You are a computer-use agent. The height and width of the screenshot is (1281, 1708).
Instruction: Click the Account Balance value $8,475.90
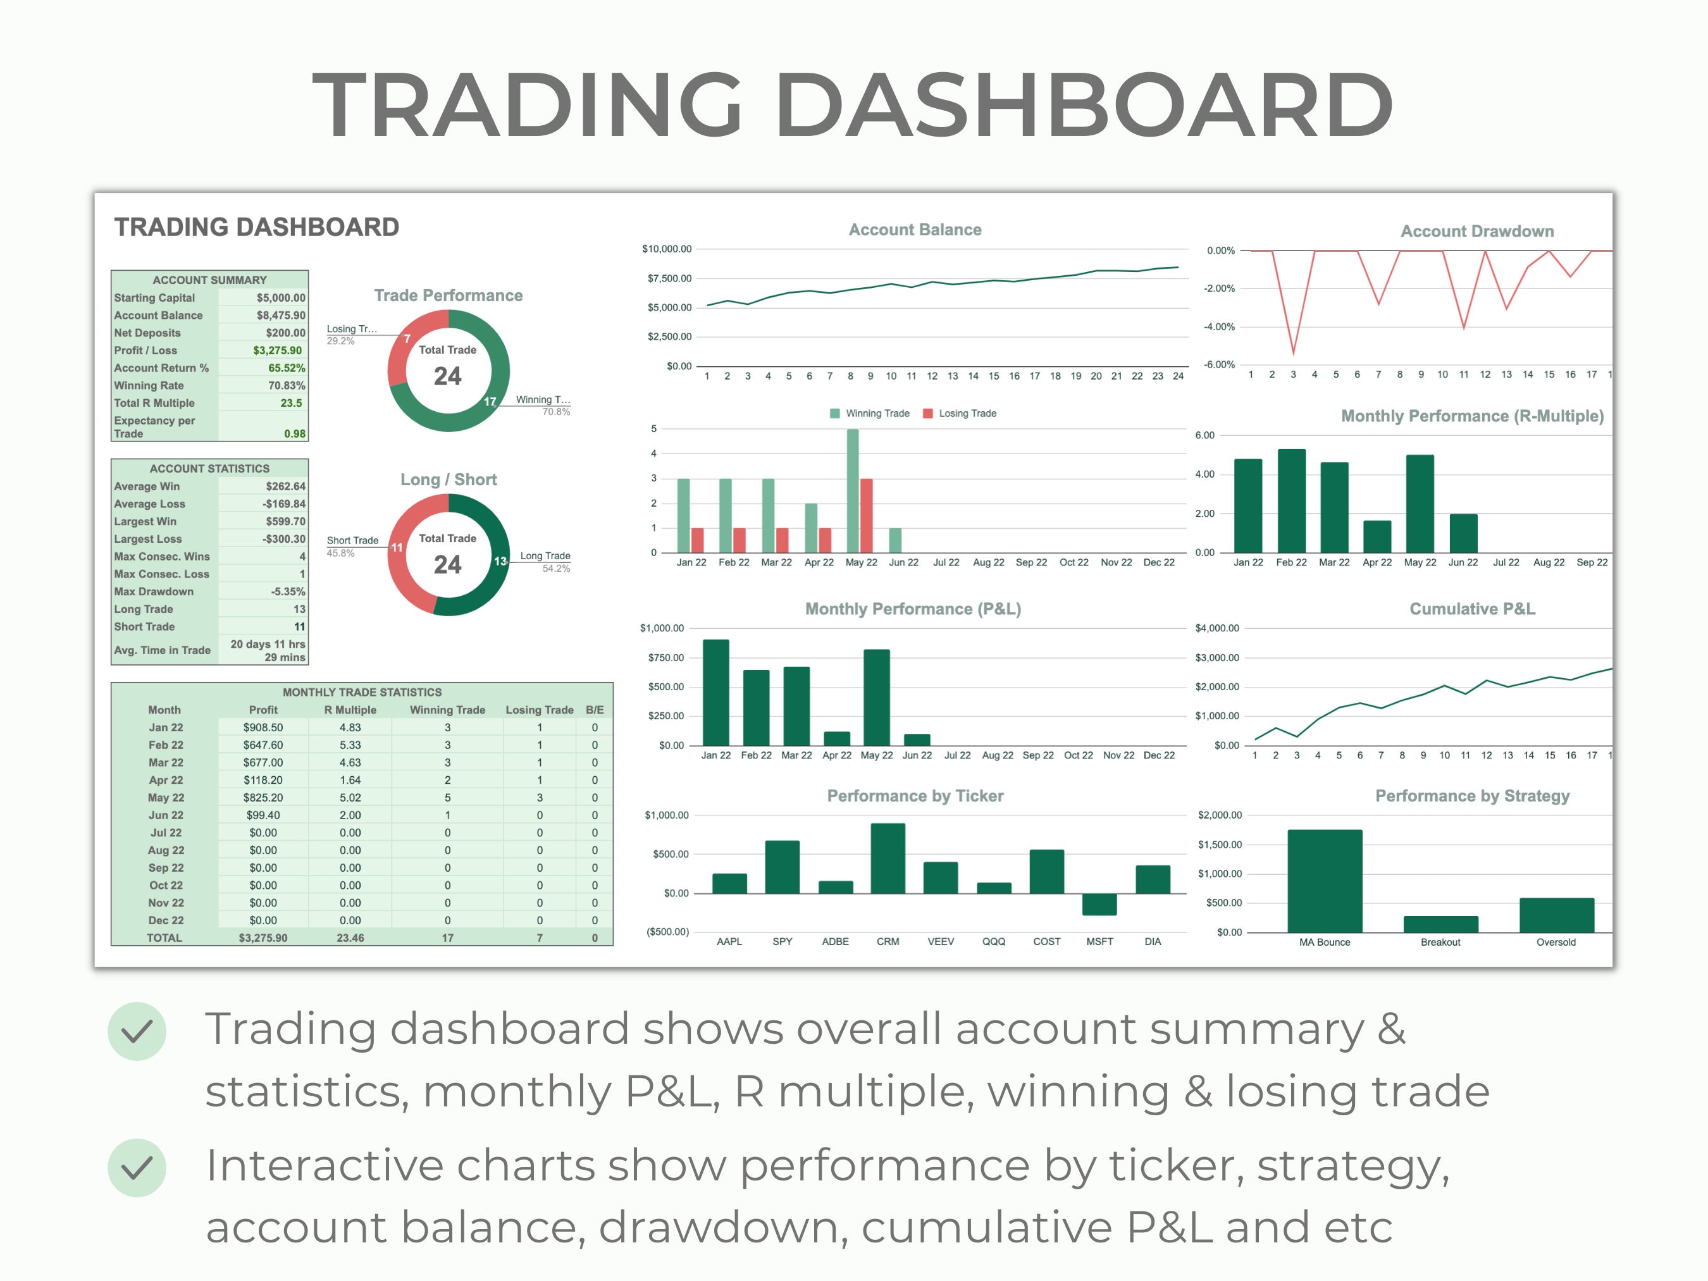[280, 315]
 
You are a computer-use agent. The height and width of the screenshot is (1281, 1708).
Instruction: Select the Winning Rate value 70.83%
[286, 385]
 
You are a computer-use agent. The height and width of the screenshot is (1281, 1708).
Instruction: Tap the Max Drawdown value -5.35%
[287, 591]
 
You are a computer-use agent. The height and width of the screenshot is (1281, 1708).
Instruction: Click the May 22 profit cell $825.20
[263, 798]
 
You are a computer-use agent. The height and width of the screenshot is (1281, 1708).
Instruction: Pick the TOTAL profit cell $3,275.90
[263, 938]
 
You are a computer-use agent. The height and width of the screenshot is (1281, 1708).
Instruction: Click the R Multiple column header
[350, 710]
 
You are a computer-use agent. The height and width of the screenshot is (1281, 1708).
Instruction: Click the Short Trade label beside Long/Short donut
[352, 540]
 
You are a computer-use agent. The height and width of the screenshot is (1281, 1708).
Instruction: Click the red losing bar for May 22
[867, 515]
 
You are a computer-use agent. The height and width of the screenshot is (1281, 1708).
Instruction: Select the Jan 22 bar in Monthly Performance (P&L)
[716, 692]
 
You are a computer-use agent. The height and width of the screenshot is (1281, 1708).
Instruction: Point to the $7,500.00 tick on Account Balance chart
[669, 278]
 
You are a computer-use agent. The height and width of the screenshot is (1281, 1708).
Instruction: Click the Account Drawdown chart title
[1476, 231]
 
